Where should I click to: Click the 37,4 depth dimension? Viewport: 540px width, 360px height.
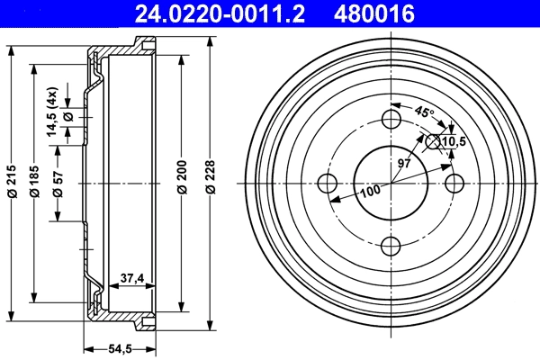click(132, 279)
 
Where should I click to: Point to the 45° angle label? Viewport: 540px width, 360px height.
click(424, 113)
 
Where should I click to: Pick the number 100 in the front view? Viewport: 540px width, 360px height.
click(370, 189)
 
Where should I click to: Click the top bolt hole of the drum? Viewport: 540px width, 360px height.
click(391, 120)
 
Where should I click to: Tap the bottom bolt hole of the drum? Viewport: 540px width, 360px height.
click(391, 245)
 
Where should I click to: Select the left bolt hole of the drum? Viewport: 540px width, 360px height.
click(328, 183)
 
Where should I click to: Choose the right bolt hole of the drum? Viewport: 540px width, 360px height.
click(454, 183)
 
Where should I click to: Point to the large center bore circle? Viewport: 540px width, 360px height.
click(391, 183)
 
